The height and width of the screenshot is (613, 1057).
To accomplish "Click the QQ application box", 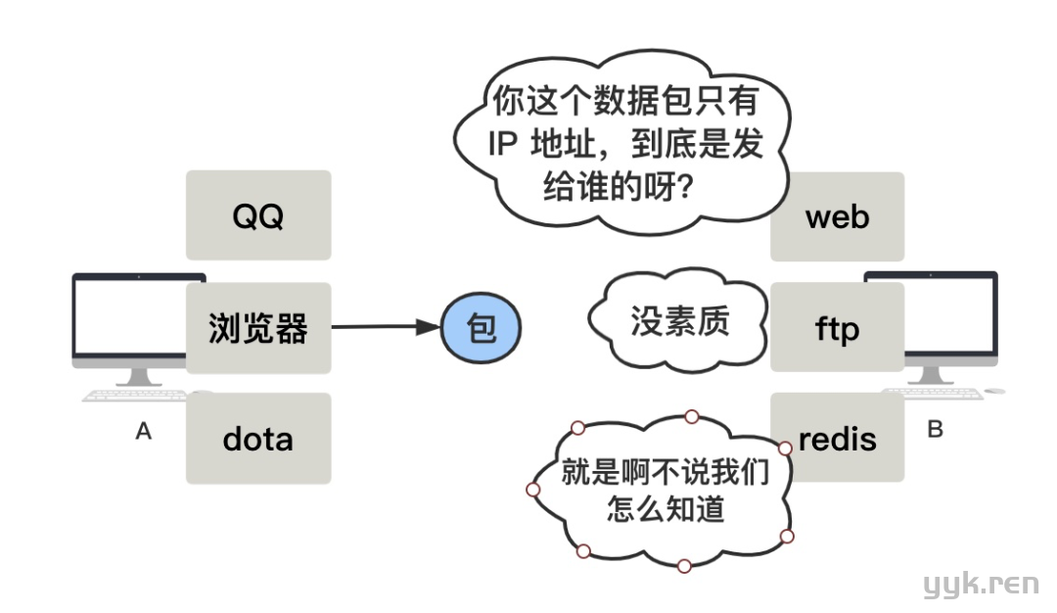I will (x=258, y=215).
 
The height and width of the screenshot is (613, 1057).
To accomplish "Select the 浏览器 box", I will (x=258, y=328).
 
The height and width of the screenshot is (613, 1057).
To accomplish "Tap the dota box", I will (x=258, y=438).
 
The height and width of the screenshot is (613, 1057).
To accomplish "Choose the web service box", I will (x=838, y=216).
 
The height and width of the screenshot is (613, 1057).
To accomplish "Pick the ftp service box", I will (x=838, y=327).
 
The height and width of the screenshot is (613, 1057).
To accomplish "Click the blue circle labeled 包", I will (x=482, y=328).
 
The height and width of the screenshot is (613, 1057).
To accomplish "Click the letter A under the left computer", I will (x=144, y=431).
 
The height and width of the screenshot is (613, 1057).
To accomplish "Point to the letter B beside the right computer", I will (x=935, y=429).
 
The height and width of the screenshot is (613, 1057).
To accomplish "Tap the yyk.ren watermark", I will (x=982, y=585).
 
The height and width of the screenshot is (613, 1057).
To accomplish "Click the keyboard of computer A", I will (x=133, y=396).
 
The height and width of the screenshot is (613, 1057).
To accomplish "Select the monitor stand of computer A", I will (x=140, y=376).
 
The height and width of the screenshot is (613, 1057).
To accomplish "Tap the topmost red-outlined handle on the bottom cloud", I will (x=691, y=417).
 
